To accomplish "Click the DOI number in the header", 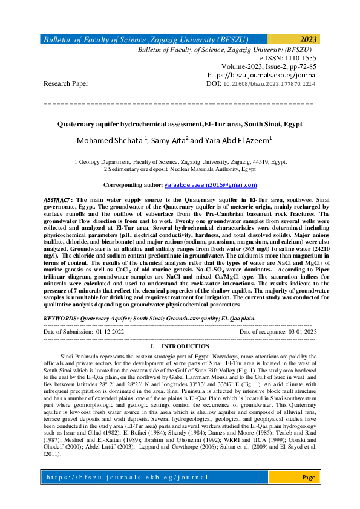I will [x=278, y=83].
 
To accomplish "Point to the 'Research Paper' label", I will [x=66, y=83].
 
